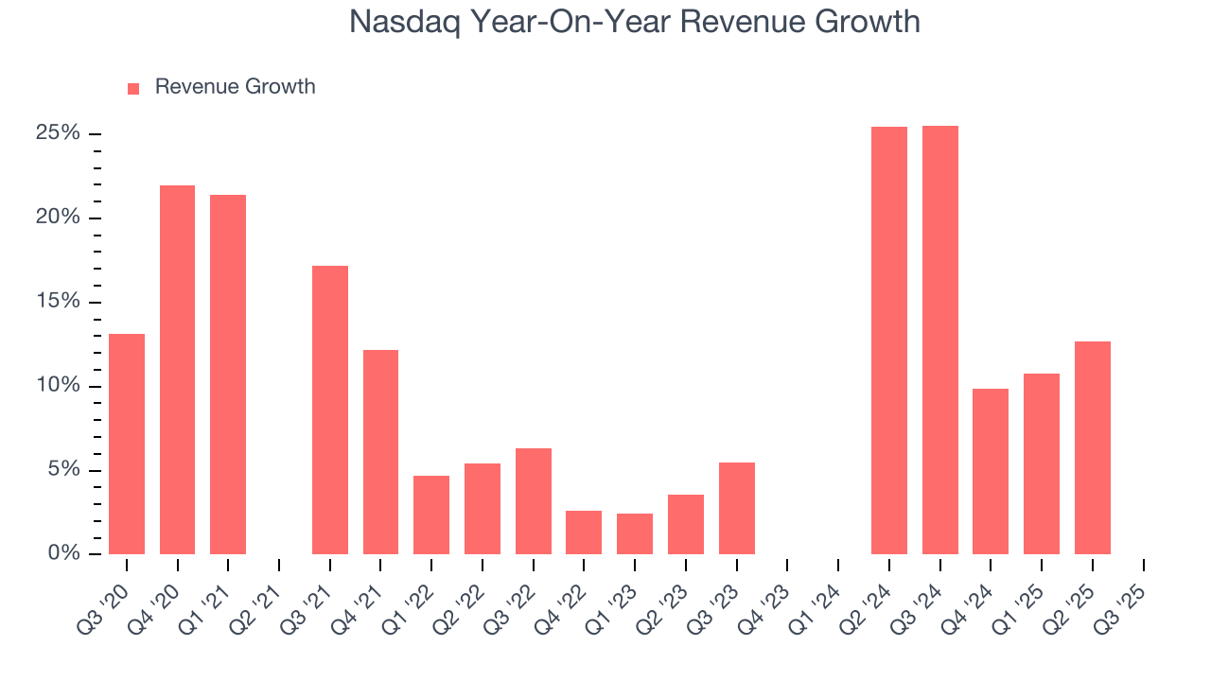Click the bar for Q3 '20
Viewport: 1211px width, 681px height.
pyautogui.click(x=127, y=444)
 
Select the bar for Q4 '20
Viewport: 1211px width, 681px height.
pyautogui.click(x=177, y=370)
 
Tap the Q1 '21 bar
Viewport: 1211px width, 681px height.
pyautogui.click(x=228, y=375)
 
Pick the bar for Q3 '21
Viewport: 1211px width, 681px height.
pyautogui.click(x=330, y=410)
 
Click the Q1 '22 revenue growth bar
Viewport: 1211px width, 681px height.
pyautogui.click(x=431, y=515)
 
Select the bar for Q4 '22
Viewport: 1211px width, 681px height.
pyautogui.click(x=584, y=533)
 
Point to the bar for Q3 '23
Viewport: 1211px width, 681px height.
pyautogui.click(x=737, y=508)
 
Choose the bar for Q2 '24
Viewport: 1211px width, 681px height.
pyautogui.click(x=889, y=340)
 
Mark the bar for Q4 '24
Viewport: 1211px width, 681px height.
pyautogui.click(x=991, y=471)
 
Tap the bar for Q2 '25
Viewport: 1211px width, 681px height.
pyautogui.click(x=1093, y=447)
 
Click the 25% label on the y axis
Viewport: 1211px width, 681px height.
pyautogui.click(x=58, y=133)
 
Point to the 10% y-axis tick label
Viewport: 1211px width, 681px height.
pyautogui.click(x=58, y=386)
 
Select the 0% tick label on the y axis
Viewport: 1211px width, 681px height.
pyautogui.click(x=62, y=554)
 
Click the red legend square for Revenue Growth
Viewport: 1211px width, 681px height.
pyautogui.click(x=133, y=88)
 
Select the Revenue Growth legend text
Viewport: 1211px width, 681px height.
pyautogui.click(x=235, y=87)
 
